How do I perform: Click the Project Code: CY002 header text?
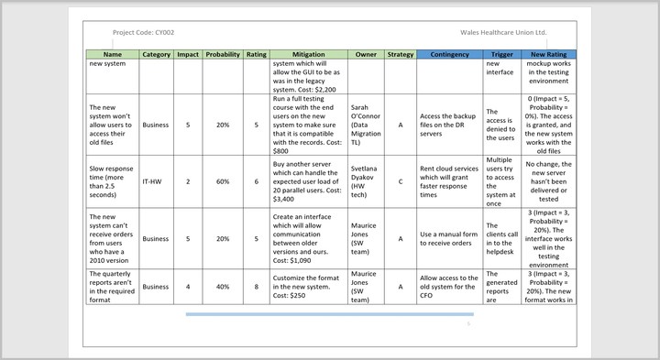(x=143, y=32)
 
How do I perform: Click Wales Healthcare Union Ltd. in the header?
(x=503, y=32)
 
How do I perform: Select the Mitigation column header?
(x=296, y=54)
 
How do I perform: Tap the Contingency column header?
(x=449, y=54)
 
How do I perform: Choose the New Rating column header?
(x=550, y=54)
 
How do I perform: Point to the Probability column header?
(x=223, y=54)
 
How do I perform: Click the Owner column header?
(x=366, y=54)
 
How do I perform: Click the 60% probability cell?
(x=223, y=181)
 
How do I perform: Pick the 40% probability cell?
(x=223, y=286)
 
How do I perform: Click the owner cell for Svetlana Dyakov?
(x=366, y=181)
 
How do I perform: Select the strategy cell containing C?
(x=401, y=181)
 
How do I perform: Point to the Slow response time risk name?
(x=112, y=181)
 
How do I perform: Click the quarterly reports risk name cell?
(x=112, y=286)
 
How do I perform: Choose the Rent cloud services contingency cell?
(x=449, y=181)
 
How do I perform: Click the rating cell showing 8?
(x=257, y=286)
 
